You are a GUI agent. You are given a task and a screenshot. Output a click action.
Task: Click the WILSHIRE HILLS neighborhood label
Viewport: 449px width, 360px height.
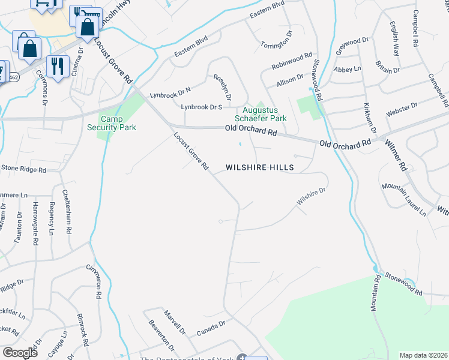point(259,168)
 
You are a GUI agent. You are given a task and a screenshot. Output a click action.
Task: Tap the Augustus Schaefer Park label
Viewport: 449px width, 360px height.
point(265,114)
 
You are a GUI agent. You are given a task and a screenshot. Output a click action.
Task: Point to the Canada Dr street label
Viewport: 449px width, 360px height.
point(210,328)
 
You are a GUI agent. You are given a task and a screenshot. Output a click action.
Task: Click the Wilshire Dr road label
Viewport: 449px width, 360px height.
point(311,197)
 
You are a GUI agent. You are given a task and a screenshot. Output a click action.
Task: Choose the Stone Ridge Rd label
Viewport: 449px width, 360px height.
point(23,169)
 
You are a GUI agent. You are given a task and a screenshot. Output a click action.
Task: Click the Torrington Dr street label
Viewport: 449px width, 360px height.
point(276,38)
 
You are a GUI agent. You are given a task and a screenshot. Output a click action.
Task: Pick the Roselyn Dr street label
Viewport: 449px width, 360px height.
point(223,88)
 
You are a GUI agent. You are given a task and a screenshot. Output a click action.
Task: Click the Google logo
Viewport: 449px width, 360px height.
point(20,352)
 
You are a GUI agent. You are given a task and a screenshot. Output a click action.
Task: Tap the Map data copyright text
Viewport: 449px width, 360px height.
point(423,355)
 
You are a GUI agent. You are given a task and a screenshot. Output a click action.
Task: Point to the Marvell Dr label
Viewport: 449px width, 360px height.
point(175,321)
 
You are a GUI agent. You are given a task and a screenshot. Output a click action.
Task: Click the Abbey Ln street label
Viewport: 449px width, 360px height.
point(348,70)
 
